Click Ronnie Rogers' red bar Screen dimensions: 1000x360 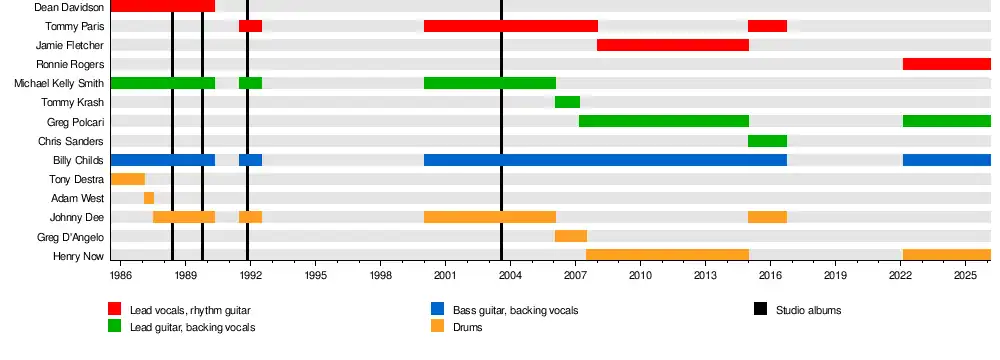tap(946, 64)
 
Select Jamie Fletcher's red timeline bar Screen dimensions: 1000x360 tap(673, 45)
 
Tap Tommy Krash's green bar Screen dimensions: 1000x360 tap(567, 102)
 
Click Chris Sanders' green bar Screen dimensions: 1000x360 tap(767, 140)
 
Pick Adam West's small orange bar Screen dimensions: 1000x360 tap(149, 198)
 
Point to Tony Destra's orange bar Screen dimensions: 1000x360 tap(128, 179)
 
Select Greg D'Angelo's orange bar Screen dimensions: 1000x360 tap(571, 236)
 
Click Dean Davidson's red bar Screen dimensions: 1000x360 tap(163, 6)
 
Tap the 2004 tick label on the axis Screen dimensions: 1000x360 tap(510, 275)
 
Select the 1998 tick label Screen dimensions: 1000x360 tap(380, 275)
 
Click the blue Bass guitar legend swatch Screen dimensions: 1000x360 tap(437, 309)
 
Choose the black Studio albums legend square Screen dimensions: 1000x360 tap(760, 309)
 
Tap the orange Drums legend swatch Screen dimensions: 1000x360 tap(437, 326)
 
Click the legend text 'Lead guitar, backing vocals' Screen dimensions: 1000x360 tap(193, 327)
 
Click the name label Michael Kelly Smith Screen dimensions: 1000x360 tap(59, 84)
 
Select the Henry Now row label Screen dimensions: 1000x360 tap(78, 257)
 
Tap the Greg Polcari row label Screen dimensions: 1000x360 tap(75, 122)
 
